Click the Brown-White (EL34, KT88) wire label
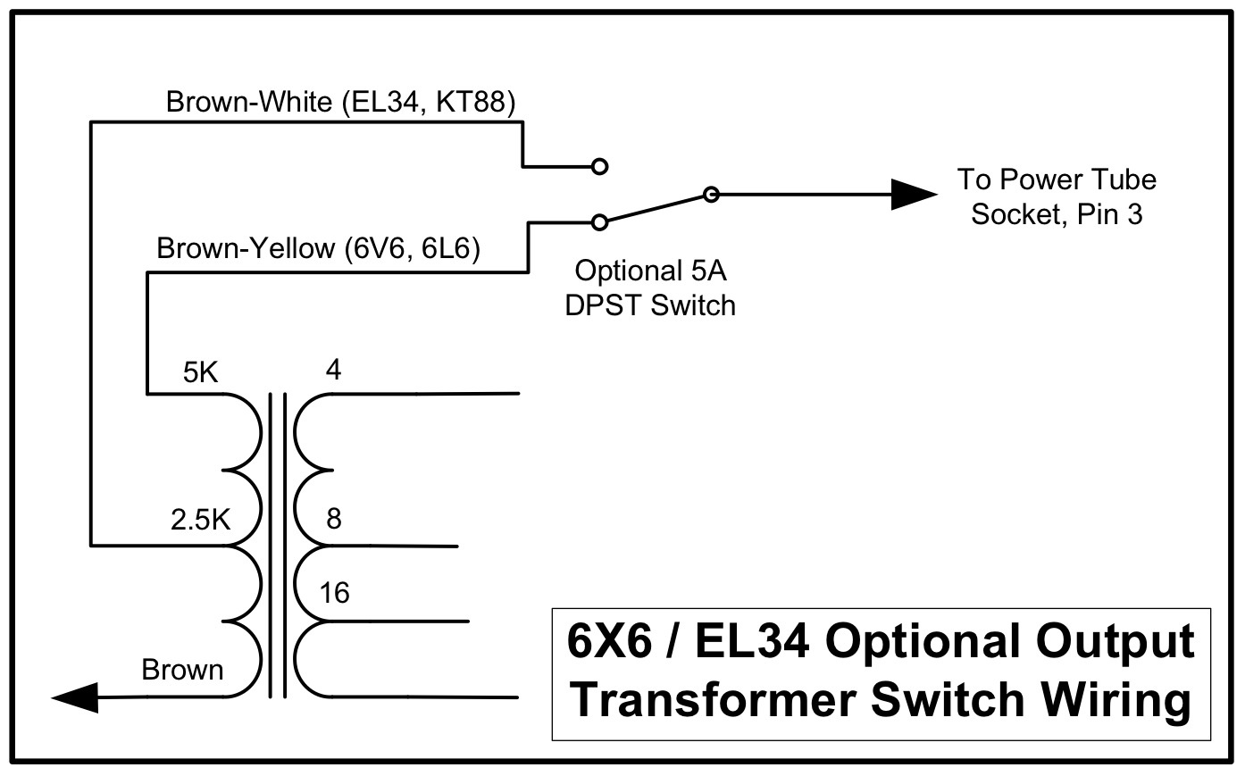pyautogui.click(x=341, y=103)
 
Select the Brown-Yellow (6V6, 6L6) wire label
pyautogui.click(x=318, y=248)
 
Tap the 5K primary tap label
pyautogui.click(x=200, y=372)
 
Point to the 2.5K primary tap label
pyautogui.click(x=200, y=520)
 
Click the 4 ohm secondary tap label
pyautogui.click(x=333, y=370)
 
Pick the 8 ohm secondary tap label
pyautogui.click(x=333, y=519)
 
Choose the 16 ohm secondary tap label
pyautogui.click(x=334, y=592)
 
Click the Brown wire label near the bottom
pyautogui.click(x=182, y=670)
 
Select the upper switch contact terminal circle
pyautogui.click(x=600, y=166)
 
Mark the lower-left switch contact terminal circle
pyautogui.click(x=600, y=221)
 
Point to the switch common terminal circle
pyautogui.click(x=710, y=194)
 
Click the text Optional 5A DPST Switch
pyautogui.click(x=650, y=288)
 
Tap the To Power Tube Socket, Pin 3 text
pyautogui.click(x=1057, y=197)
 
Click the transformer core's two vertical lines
pyautogui.click(x=277, y=545)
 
